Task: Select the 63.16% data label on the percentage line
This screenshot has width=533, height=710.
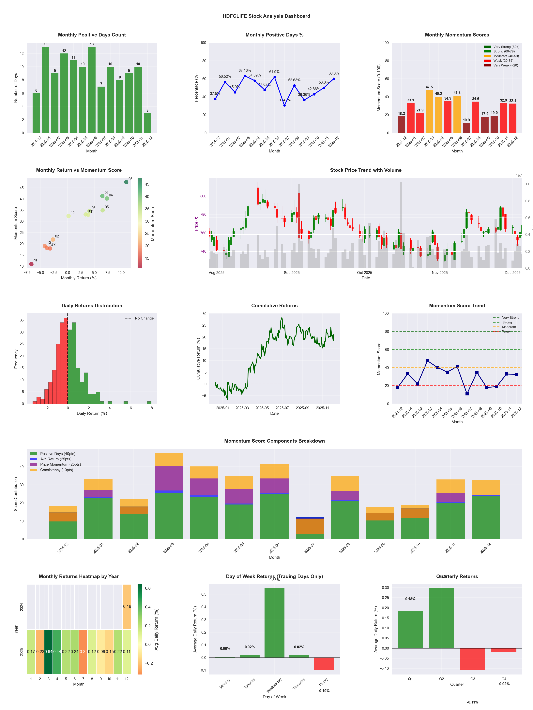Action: [245, 71]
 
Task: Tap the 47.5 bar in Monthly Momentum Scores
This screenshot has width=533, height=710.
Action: [429, 111]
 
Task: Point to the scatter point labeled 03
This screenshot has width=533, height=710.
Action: [126, 182]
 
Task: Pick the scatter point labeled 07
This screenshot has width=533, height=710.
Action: [31, 264]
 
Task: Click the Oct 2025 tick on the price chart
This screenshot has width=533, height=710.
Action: [364, 273]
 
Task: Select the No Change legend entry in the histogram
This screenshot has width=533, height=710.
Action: [139, 318]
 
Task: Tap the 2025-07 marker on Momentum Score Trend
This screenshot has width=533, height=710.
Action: [467, 394]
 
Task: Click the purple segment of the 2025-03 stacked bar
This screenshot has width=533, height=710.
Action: [169, 478]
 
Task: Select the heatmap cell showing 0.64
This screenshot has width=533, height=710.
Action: [49, 652]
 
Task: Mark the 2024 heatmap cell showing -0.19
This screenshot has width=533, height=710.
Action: [127, 607]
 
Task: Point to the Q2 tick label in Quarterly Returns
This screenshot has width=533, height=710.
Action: [441, 679]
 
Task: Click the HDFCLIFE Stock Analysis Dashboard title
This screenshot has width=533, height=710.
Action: [266, 16]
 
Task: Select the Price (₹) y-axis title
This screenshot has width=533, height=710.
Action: [196, 223]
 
